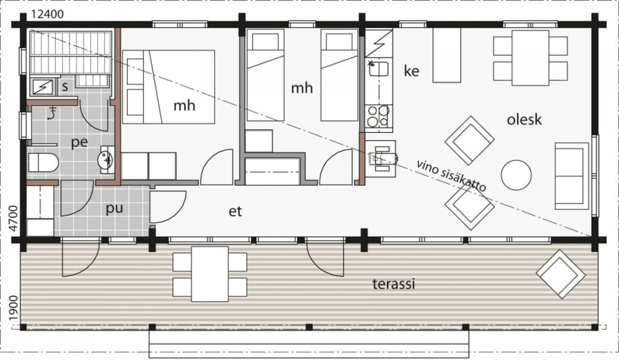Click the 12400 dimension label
click(47, 14)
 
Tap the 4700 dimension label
click(13, 218)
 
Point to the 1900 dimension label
click(13, 309)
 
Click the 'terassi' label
click(394, 283)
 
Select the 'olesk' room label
click(524, 120)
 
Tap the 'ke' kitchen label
click(411, 71)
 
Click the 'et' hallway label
click(235, 212)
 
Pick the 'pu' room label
click(114, 208)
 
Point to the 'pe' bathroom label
click(79, 143)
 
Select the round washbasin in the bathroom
click(106, 159)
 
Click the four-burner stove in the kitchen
click(378, 117)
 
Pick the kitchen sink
click(378, 70)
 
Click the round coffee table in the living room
click(516, 175)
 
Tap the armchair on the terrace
click(560, 273)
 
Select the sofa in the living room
click(572, 176)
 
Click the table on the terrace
click(210, 274)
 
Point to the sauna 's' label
click(65, 87)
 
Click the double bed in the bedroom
click(169, 87)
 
